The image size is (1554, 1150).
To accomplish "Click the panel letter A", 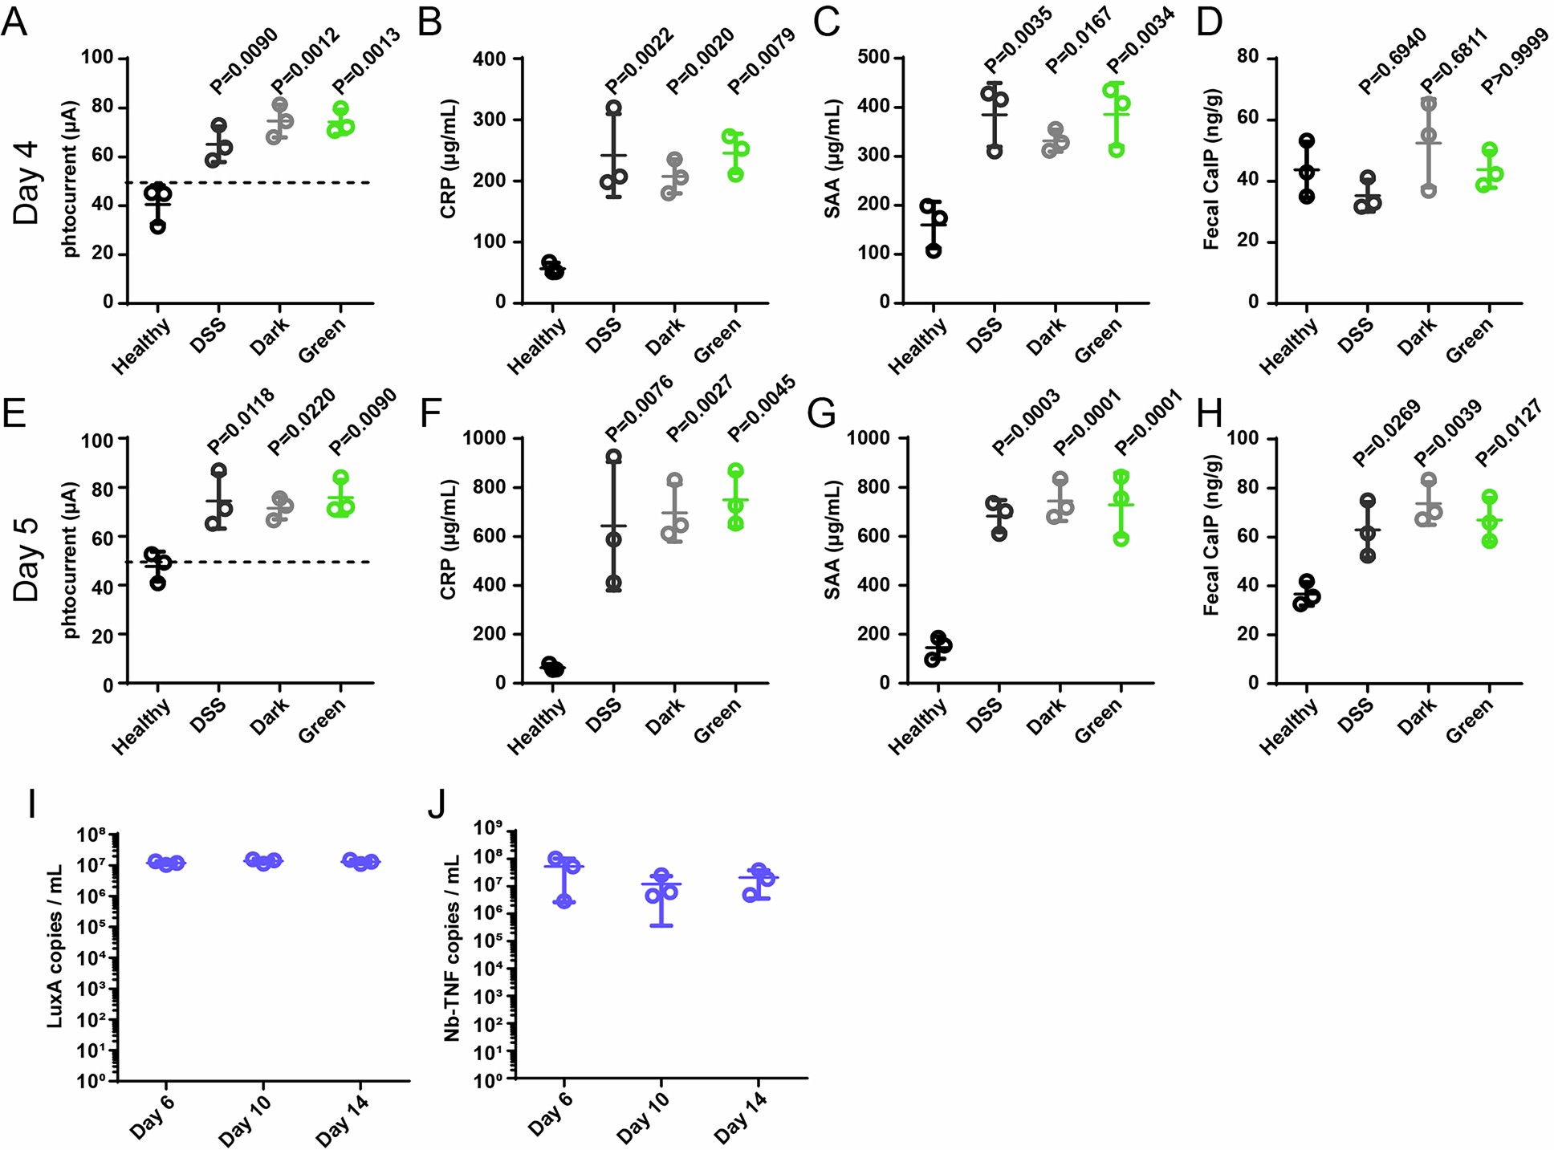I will (x=14, y=22).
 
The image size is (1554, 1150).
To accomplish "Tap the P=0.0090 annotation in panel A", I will (x=244, y=60).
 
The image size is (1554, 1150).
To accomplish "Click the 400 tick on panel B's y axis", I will (x=489, y=59).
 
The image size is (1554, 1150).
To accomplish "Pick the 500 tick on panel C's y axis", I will (x=873, y=58).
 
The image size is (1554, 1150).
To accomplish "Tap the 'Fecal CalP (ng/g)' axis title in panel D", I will (x=1210, y=175).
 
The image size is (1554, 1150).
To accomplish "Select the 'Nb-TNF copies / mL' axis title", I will (x=453, y=949).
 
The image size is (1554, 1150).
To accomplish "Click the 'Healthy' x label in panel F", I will (x=536, y=726).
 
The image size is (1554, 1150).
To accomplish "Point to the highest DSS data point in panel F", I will (x=613, y=457).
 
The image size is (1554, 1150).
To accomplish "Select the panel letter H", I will (x=1209, y=416).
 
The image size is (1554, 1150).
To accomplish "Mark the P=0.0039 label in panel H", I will (x=1448, y=432).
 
